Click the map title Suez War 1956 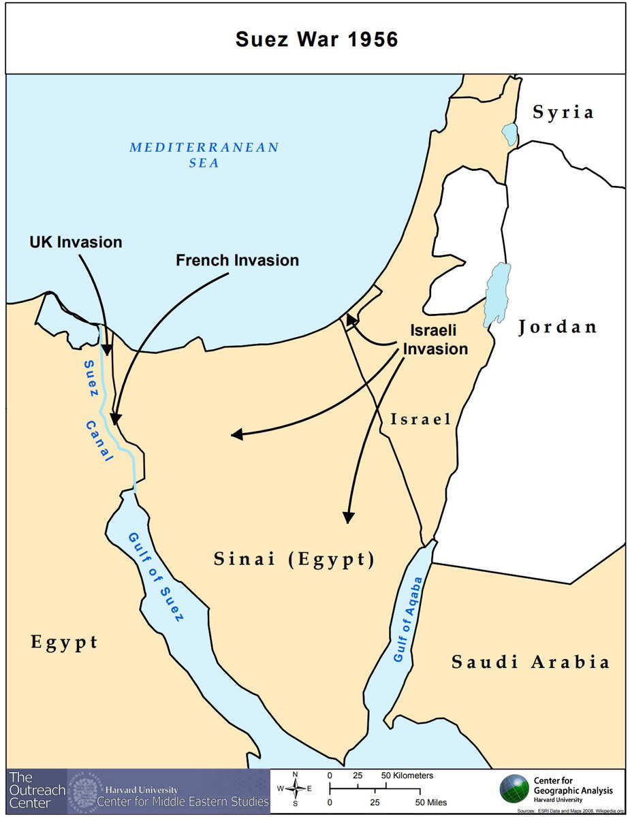(316, 39)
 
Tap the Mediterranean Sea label (204, 155)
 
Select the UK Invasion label (76, 242)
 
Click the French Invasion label (237, 260)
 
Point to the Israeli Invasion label (434, 339)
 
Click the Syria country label (563, 112)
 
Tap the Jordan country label (557, 327)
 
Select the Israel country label (420, 419)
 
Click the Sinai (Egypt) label (294, 560)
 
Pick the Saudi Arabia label (530, 661)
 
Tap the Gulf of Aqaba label (408, 620)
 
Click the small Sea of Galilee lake (509, 133)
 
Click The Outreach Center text (37, 790)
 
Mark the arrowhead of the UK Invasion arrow (106, 349)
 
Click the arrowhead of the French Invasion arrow (115, 417)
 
